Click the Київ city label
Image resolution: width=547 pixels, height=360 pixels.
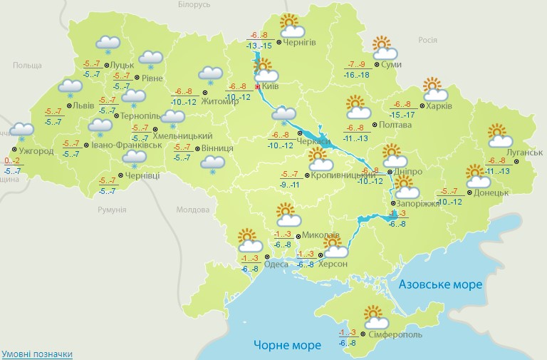point(270,86)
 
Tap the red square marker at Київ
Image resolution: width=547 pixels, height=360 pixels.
point(258,86)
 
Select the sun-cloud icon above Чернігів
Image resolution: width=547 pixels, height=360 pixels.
point(291,26)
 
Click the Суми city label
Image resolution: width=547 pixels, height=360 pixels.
point(391,65)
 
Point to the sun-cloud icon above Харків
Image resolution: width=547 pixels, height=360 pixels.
point(435,90)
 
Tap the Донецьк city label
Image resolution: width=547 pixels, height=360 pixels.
point(491,192)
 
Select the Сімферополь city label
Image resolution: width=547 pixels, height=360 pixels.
point(395,334)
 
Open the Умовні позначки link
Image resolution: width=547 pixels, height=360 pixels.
point(36,354)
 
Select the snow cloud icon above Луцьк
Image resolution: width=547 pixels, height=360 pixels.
point(108,44)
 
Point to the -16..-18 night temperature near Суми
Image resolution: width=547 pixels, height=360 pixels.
point(356,75)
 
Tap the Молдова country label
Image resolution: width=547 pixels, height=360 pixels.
point(192,210)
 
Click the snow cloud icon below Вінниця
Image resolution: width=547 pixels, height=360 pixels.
point(212,164)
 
